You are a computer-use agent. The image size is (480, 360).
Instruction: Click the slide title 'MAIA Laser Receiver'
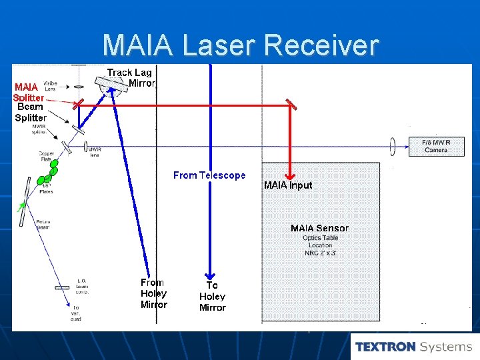[x=240, y=45]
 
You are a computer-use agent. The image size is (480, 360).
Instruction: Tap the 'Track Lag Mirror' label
[x=130, y=77]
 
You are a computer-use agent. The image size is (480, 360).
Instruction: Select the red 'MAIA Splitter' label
[x=27, y=92]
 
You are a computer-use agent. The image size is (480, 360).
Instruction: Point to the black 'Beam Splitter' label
[x=31, y=112]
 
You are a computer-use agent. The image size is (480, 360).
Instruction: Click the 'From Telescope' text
[x=209, y=175]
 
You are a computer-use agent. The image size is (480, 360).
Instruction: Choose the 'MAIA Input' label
[x=288, y=185]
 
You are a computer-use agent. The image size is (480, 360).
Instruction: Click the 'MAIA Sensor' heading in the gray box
[x=319, y=228]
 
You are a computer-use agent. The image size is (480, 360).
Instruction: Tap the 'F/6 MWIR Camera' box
[x=436, y=146]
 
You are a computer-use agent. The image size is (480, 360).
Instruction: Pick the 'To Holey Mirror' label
[x=212, y=296]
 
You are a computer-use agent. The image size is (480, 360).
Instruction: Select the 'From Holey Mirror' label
[x=153, y=293]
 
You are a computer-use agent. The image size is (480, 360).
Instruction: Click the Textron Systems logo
[x=413, y=347]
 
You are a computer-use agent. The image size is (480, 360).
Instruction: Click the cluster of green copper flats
[x=47, y=175]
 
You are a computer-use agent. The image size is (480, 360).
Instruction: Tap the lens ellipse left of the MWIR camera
[x=394, y=145]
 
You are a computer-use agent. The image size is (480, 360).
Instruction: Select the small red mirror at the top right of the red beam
[x=291, y=103]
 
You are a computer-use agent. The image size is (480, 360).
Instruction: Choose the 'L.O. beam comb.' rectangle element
[x=62, y=287]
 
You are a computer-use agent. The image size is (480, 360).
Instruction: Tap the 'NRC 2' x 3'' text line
[x=321, y=253]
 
